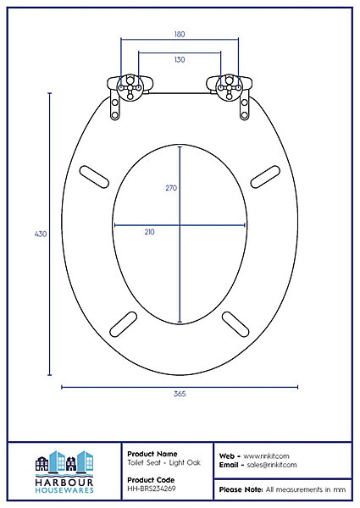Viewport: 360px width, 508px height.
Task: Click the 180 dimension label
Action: click(x=180, y=34)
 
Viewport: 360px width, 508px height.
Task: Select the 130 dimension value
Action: click(x=180, y=59)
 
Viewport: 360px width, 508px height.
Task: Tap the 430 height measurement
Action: click(x=41, y=234)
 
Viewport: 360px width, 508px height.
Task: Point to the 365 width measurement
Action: click(x=180, y=394)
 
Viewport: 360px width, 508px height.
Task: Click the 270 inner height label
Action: click(x=171, y=188)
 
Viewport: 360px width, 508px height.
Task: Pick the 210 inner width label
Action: click(x=149, y=232)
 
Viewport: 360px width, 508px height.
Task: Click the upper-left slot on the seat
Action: click(x=94, y=177)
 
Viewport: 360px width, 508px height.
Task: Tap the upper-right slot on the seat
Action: click(x=265, y=177)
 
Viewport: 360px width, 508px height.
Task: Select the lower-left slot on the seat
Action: click(x=124, y=324)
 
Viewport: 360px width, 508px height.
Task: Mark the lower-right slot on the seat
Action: click(x=235, y=324)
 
